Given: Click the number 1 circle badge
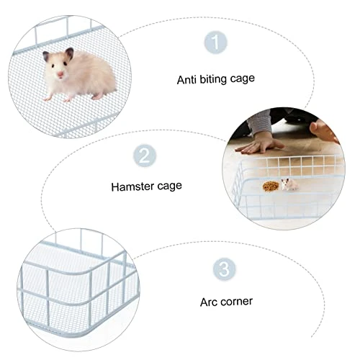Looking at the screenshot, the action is tap(215, 42).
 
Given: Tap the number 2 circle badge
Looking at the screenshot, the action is tap(145, 156).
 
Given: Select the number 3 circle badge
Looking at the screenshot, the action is tap(225, 269).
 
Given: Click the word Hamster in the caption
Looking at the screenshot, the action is tap(130, 186).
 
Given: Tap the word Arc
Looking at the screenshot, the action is tap(209, 302).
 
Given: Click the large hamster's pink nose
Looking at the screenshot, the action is tap(60, 74).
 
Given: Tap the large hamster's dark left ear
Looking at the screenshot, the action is tap(46, 55).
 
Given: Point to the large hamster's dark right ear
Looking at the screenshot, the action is tap(69, 53).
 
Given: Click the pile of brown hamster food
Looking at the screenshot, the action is tap(271, 186).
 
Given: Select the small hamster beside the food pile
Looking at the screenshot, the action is tap(289, 184).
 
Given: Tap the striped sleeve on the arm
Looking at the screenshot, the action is tap(259, 122).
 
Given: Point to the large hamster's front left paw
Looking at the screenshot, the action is tap(48, 98).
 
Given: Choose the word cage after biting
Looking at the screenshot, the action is tap(242, 78).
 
